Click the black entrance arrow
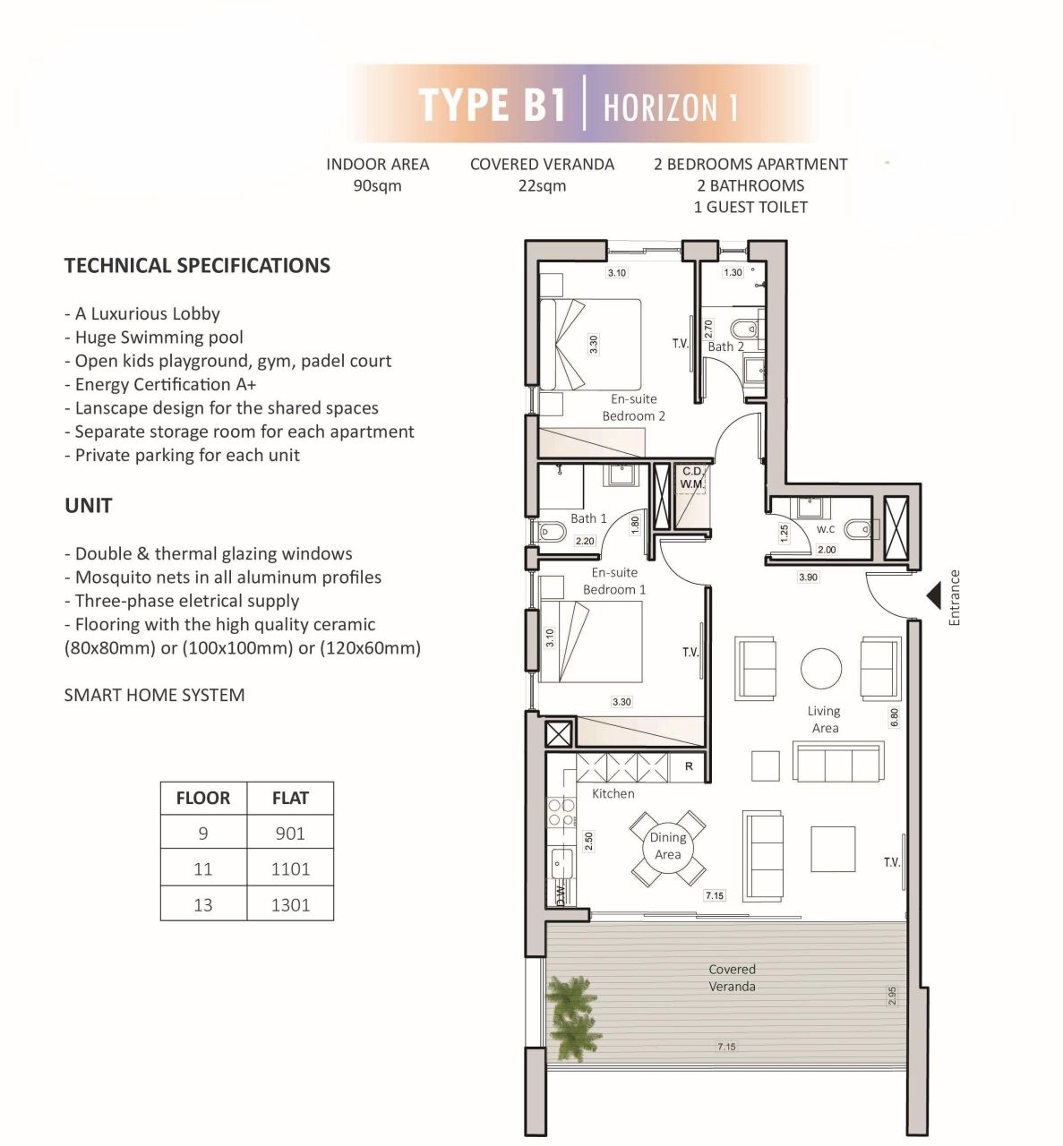934,594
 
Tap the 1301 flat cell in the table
290,904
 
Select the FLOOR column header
203,798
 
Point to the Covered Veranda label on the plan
733,978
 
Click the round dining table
667,845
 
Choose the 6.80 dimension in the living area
895,717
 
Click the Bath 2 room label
725,346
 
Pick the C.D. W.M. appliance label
691,478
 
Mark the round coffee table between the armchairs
821,668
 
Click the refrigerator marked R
689,766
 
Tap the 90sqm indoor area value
378,186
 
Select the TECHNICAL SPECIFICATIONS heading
198,265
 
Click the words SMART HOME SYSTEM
155,695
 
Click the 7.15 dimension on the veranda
726,1046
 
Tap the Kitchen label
613,793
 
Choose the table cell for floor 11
203,868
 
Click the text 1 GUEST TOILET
750,207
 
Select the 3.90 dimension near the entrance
808,577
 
